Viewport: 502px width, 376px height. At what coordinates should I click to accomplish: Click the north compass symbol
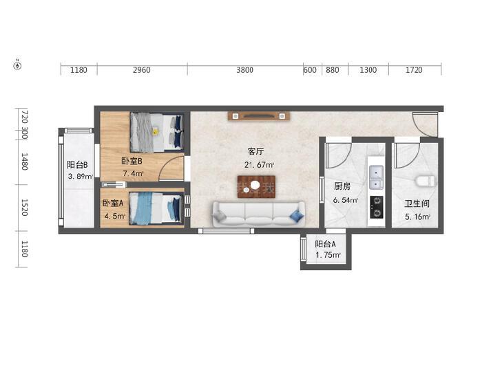(18, 65)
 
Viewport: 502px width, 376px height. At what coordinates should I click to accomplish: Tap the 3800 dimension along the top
(244, 70)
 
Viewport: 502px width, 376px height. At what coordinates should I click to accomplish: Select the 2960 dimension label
(141, 70)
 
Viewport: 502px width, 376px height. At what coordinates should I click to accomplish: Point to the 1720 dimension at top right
(414, 70)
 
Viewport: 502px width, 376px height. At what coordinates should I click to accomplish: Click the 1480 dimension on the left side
(24, 162)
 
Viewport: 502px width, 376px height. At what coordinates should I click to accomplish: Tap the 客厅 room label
(255, 151)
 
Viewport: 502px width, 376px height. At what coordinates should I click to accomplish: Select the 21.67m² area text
(259, 165)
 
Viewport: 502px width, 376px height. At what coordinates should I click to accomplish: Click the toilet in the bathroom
(426, 181)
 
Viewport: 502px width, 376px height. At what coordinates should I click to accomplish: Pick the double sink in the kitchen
(376, 177)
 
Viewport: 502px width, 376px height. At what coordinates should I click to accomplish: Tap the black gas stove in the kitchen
(376, 207)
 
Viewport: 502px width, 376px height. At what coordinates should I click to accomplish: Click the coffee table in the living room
(256, 186)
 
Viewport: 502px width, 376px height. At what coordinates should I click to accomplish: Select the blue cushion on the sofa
(297, 216)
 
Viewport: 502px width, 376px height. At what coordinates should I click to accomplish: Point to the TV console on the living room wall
(259, 116)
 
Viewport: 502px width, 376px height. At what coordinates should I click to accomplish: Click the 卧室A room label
(113, 203)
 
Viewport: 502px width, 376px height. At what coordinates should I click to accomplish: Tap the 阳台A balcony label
(325, 244)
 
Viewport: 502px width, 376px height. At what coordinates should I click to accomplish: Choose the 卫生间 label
(417, 203)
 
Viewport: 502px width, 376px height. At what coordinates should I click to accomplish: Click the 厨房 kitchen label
(342, 186)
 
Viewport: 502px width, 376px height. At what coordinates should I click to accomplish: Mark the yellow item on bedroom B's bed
(155, 131)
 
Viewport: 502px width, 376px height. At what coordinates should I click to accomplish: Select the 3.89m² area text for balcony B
(81, 176)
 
